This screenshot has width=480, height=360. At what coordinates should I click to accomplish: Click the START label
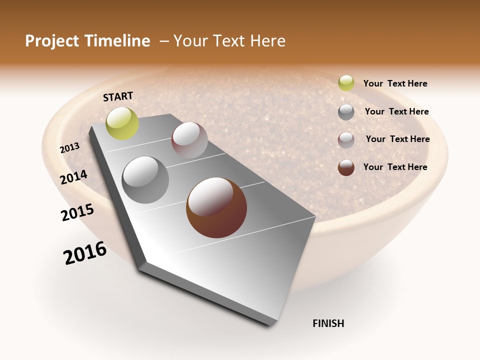point(118,96)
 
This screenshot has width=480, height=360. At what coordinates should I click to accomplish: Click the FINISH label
point(328,323)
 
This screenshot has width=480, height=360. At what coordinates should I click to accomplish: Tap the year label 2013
point(70,148)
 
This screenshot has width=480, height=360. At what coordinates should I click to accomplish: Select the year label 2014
point(74,177)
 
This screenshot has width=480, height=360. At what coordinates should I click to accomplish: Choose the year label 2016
point(85,253)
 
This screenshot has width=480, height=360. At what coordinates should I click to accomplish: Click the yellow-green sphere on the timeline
point(122,123)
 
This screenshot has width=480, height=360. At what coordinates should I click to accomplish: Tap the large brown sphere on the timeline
point(216,207)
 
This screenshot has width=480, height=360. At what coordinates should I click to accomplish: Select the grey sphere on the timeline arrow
point(145,180)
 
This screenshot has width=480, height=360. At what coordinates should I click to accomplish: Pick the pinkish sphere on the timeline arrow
point(189,140)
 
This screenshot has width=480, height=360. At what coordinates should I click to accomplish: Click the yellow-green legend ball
point(346,83)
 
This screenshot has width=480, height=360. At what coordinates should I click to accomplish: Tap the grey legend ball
point(346,112)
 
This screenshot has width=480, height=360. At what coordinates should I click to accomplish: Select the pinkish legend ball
point(346,140)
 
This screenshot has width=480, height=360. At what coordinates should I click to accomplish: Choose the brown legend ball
point(346,167)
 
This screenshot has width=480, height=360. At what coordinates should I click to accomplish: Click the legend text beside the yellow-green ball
point(395,84)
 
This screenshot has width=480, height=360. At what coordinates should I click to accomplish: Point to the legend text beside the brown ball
point(395,167)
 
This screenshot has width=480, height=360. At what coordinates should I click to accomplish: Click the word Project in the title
point(52,41)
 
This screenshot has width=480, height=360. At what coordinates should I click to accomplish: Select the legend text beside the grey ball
point(396,111)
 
